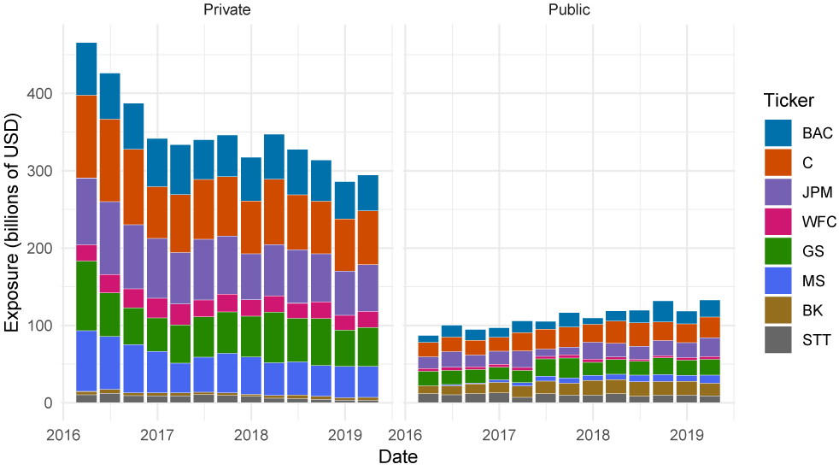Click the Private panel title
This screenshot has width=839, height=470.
(226, 10)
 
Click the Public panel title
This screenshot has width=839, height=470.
(568, 10)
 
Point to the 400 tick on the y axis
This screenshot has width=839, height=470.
(44, 93)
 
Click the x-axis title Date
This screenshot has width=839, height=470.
(397, 457)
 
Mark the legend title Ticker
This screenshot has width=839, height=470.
(789, 100)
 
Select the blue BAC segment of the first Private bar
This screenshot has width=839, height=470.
(86, 68)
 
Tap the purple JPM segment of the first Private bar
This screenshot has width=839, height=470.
(86, 211)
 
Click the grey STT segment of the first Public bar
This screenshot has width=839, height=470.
(428, 397)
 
